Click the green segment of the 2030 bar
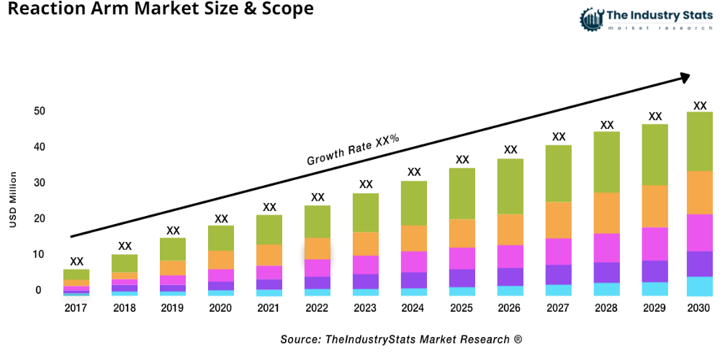click(x=699, y=141)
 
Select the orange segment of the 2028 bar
click(x=607, y=213)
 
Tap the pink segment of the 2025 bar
click(x=462, y=258)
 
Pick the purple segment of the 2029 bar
click(x=654, y=271)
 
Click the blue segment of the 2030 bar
click(x=699, y=286)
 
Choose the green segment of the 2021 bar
click(x=269, y=230)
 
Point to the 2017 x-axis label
click(x=76, y=308)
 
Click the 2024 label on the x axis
click(x=414, y=308)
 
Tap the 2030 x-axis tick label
click(x=699, y=308)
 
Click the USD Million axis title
click(x=13, y=200)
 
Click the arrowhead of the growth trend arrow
click(x=685, y=76)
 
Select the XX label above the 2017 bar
click(x=76, y=261)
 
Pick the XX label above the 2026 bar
click(x=510, y=150)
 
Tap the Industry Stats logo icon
click(x=593, y=19)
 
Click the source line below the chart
click(x=401, y=338)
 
